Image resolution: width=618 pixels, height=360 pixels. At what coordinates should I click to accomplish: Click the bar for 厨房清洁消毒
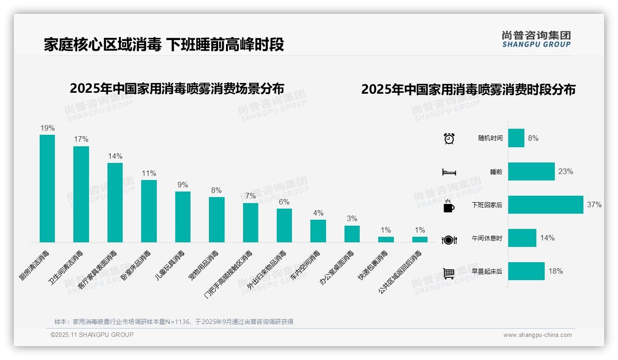[x=47, y=188]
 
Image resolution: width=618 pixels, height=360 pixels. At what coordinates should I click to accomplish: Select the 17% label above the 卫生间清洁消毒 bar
[x=81, y=139]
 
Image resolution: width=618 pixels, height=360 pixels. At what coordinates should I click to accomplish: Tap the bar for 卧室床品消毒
[x=149, y=211]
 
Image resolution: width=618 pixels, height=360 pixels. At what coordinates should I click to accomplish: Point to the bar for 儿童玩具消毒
[x=183, y=217]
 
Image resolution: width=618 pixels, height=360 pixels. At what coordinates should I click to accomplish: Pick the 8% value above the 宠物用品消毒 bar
[x=216, y=190]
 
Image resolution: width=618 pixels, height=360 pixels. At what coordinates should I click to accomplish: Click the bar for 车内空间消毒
[x=318, y=231]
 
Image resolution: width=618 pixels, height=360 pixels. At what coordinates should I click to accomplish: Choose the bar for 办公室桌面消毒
[x=352, y=234]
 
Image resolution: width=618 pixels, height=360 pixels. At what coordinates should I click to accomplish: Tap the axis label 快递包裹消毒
[x=373, y=265]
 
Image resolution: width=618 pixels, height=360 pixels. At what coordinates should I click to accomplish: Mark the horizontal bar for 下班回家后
[x=546, y=205]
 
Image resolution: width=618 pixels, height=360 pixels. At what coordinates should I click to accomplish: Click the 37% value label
[x=594, y=205]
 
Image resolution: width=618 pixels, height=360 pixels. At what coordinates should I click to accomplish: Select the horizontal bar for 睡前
[x=531, y=172]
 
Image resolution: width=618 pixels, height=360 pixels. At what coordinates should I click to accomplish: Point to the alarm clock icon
[x=449, y=138]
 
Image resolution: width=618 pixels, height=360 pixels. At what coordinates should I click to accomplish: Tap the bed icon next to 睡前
[x=449, y=172]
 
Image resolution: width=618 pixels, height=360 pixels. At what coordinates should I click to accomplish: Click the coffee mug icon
[x=449, y=206]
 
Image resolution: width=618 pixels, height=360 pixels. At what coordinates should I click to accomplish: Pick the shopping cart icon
[x=449, y=273]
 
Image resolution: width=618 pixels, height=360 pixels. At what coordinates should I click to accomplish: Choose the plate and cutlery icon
[x=449, y=240]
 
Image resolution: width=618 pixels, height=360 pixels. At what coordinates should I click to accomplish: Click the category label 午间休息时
[x=487, y=238]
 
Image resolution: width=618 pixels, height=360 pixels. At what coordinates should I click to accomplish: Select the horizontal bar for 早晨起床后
[x=526, y=271]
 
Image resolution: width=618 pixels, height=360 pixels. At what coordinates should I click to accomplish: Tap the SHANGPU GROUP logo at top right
[x=536, y=39]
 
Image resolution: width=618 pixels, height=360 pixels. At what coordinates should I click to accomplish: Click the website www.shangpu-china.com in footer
[x=537, y=335]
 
